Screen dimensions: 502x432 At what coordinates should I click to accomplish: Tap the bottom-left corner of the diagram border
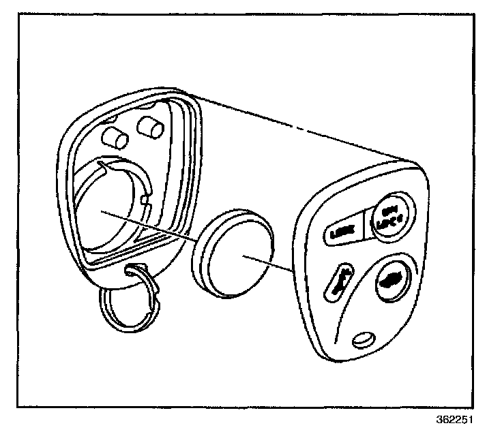click(x=18, y=407)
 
